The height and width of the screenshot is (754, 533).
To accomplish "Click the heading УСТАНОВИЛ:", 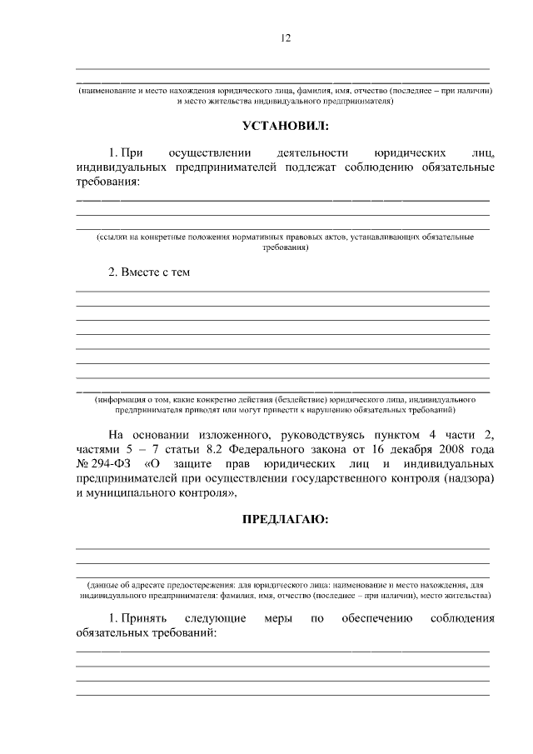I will [285, 126].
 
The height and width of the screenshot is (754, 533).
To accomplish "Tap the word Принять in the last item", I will [143, 619].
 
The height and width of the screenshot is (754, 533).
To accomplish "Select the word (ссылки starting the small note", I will [114, 237].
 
